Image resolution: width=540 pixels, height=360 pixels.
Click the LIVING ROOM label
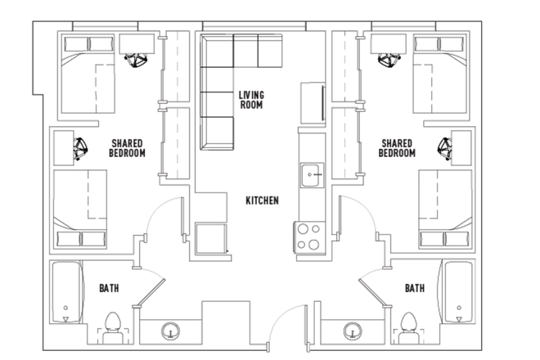click(x=251, y=99)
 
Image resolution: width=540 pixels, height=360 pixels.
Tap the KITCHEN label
click(x=263, y=200)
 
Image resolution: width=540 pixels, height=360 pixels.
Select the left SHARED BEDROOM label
click(x=127, y=148)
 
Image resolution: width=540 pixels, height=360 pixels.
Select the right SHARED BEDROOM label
click(x=397, y=148)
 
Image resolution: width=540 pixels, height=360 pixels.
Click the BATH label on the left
click(x=110, y=288)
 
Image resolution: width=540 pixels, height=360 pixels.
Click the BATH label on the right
click(x=415, y=288)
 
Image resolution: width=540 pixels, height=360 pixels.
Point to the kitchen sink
click(x=311, y=174)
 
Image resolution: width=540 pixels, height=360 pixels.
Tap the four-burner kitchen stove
click(x=308, y=236)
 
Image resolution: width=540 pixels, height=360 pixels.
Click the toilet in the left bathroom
click(x=114, y=323)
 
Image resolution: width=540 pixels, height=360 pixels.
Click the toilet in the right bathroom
click(x=408, y=323)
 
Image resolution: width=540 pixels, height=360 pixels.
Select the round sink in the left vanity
click(x=170, y=331)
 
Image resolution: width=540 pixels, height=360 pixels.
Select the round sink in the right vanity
click(x=352, y=331)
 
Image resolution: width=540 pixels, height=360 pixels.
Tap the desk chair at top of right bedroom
click(x=389, y=58)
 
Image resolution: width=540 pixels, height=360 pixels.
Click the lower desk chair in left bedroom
click(x=82, y=149)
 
